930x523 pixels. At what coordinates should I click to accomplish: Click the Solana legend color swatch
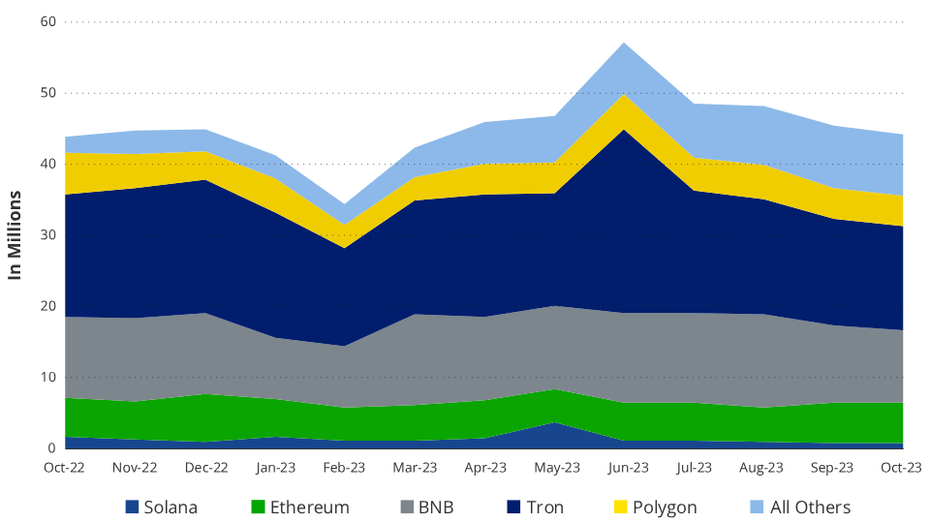(132, 507)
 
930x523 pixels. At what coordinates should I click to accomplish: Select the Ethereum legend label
(310, 507)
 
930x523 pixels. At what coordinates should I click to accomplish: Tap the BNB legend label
(436, 507)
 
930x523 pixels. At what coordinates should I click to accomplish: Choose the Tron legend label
(545, 507)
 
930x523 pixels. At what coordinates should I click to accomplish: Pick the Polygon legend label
(665, 508)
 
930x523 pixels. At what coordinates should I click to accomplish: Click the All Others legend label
(810, 507)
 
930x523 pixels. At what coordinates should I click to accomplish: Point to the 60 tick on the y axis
(48, 22)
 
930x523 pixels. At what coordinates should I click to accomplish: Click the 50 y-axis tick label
(48, 93)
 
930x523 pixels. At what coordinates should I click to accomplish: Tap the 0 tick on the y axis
(52, 448)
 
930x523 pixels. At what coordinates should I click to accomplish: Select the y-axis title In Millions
(15, 234)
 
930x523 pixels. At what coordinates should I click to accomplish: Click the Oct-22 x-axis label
(64, 467)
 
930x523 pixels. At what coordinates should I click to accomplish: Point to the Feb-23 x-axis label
(344, 467)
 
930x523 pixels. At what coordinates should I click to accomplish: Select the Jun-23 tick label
(628, 467)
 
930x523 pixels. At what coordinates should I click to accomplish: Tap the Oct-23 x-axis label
(902, 467)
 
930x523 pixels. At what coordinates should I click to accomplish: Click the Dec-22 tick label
(206, 467)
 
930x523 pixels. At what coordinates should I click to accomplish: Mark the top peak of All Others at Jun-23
(624, 43)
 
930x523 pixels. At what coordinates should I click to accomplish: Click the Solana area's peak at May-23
(555, 422)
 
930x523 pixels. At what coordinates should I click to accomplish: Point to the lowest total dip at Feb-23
(344, 204)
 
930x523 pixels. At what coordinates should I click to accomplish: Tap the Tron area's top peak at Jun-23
(624, 129)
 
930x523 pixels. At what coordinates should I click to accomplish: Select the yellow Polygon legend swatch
(620, 507)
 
